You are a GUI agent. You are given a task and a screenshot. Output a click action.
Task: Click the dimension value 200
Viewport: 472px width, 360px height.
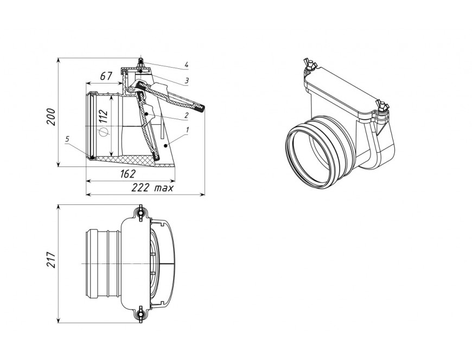[x=51, y=117]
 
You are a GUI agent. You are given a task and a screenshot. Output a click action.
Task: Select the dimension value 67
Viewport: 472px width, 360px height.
[x=106, y=76]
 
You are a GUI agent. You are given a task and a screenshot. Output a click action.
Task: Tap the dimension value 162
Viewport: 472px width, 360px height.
[x=128, y=173]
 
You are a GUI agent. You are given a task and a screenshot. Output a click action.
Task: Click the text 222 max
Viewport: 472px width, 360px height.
[x=152, y=188]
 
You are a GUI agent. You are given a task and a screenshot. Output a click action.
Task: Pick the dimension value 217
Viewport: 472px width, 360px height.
[x=51, y=260]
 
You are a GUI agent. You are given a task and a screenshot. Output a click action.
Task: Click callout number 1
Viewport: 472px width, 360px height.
[x=187, y=130]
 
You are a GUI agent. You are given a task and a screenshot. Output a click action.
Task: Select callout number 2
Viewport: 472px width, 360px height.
[x=187, y=115]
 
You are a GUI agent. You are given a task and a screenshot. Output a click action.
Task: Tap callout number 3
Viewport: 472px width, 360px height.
[x=187, y=81]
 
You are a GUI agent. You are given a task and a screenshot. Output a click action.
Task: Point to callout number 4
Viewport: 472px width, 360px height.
[x=187, y=65]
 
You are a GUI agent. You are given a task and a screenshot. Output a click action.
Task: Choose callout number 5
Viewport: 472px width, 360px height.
[x=67, y=139]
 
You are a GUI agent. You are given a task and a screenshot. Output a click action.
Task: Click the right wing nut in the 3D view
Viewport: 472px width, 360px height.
[x=382, y=107]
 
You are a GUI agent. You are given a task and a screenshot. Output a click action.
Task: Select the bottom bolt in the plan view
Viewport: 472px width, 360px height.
[x=140, y=315]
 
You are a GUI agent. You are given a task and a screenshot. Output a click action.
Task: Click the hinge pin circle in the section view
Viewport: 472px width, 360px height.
[x=131, y=89]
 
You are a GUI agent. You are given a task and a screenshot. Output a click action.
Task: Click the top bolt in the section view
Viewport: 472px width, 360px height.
[x=141, y=64]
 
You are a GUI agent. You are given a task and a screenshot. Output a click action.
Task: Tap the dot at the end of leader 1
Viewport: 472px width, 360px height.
[x=165, y=145]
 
